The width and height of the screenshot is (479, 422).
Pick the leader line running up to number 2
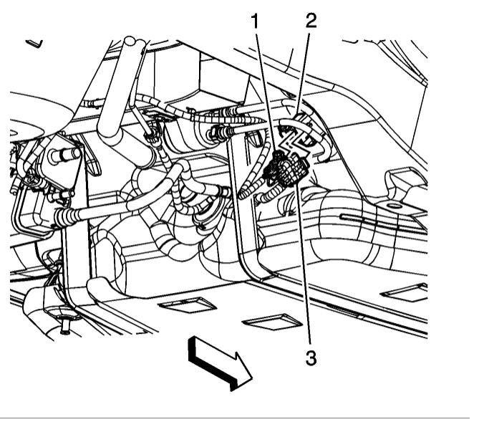tap(303, 72)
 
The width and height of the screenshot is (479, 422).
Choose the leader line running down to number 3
tap(303, 265)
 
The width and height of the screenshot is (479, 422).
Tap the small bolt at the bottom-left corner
tap(65, 327)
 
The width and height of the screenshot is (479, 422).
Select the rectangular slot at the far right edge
tap(405, 291)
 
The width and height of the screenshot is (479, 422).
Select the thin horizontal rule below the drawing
tap(239, 417)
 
